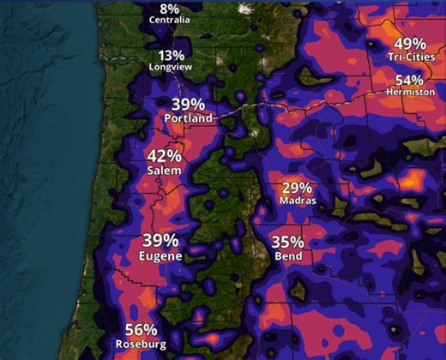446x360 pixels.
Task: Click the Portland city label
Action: [186, 118]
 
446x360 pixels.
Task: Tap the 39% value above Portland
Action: [187, 104]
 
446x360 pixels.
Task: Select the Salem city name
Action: [164, 171]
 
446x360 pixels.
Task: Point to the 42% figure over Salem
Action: [164, 156]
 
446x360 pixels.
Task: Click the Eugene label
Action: [159, 255]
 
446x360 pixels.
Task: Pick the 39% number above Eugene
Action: [160, 240]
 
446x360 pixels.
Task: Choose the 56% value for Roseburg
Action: [141, 330]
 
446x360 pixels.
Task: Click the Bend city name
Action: [287, 255]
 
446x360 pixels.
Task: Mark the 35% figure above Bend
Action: [287, 241]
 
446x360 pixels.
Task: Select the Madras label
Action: [298, 201]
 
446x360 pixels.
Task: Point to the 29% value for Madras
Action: [297, 187]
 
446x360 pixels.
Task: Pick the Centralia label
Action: [170, 19]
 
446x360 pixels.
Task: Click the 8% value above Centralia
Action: [170, 8]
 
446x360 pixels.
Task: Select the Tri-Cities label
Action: [410, 57]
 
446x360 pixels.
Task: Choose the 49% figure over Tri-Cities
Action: [410, 43]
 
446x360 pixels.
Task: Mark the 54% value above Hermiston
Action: [410, 79]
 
